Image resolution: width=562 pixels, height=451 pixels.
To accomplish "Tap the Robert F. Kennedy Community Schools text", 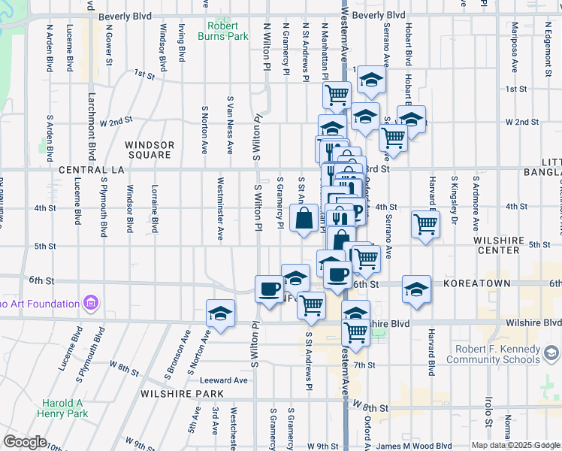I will tap(492, 354).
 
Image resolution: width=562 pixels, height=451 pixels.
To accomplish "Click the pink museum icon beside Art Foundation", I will tap(92, 304).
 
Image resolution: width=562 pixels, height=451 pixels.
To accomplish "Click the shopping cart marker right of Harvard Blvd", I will tap(426, 223).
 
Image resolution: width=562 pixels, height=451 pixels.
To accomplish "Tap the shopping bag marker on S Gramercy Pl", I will tap(304, 219).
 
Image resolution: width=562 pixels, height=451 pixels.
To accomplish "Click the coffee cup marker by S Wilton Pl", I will tap(269, 289).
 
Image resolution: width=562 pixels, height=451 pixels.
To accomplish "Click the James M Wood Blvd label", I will tap(413, 446).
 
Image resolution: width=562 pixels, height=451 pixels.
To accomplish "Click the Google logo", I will tap(25, 442).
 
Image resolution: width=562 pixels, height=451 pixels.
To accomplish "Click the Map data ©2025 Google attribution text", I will tap(515, 445).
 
